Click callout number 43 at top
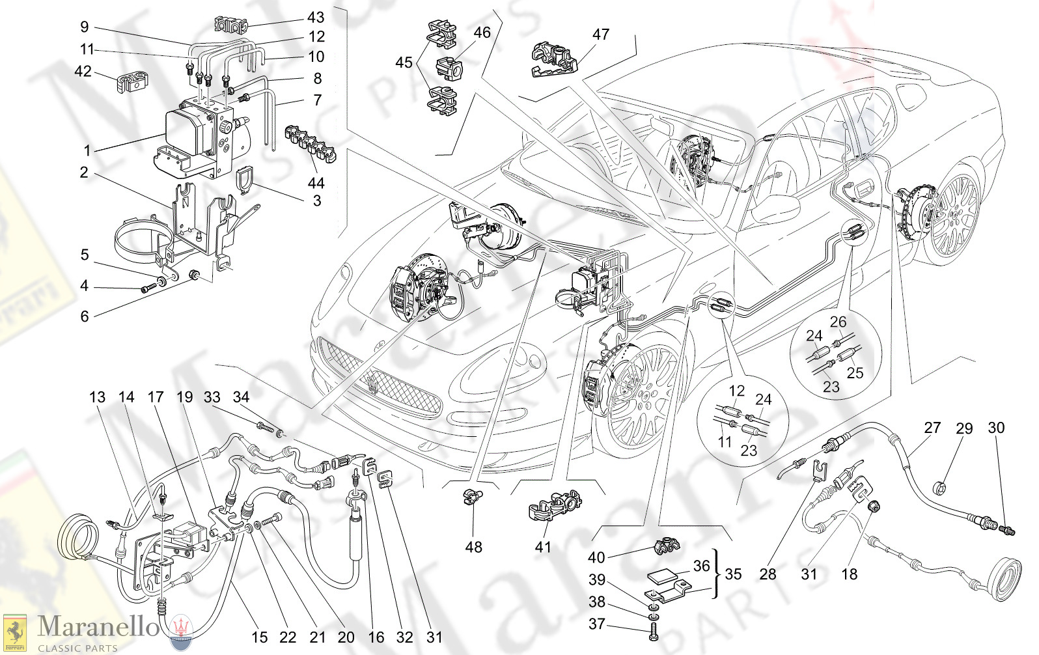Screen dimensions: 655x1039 click(316, 18)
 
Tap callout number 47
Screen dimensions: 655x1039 click(600, 34)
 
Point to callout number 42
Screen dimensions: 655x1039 click(83, 71)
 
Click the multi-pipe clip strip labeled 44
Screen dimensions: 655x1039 click(310, 145)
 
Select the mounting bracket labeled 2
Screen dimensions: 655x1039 click(195, 221)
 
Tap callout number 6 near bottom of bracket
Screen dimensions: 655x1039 click(84, 316)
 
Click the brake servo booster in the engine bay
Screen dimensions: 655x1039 click(505, 227)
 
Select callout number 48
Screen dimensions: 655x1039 click(473, 547)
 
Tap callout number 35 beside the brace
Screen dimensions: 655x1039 click(733, 574)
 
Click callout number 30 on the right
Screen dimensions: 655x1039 click(996, 428)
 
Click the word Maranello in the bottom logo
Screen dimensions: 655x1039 click(98, 626)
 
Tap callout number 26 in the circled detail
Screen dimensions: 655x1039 click(838, 322)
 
